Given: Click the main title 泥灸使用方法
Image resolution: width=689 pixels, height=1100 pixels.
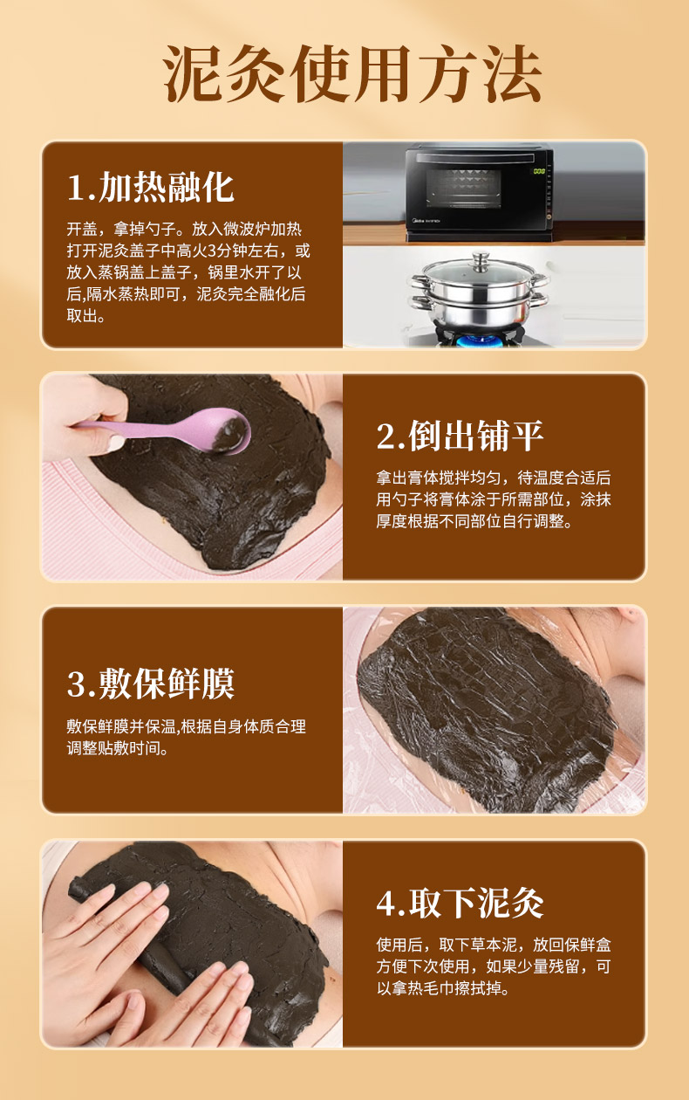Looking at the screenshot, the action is click(352, 73).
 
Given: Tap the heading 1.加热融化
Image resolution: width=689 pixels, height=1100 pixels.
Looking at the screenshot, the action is click(151, 188).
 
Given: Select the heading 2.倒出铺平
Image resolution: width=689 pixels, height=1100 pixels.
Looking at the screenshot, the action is click(460, 436).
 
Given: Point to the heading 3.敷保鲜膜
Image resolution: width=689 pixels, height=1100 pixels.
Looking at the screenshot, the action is click(151, 683).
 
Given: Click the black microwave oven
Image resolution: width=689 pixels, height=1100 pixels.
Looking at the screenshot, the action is click(479, 194).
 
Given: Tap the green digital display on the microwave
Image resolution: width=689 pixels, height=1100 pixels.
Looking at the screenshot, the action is click(539, 171).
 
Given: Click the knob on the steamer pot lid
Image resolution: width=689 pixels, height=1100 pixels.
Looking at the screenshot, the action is click(481, 257).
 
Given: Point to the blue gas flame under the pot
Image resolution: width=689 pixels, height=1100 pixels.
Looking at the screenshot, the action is click(481, 340).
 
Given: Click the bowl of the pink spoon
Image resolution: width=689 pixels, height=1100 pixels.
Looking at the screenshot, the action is click(229, 432).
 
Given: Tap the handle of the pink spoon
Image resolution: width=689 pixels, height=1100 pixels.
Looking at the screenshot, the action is click(142, 427).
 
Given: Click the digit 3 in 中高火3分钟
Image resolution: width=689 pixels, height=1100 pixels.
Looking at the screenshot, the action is click(212, 251).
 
